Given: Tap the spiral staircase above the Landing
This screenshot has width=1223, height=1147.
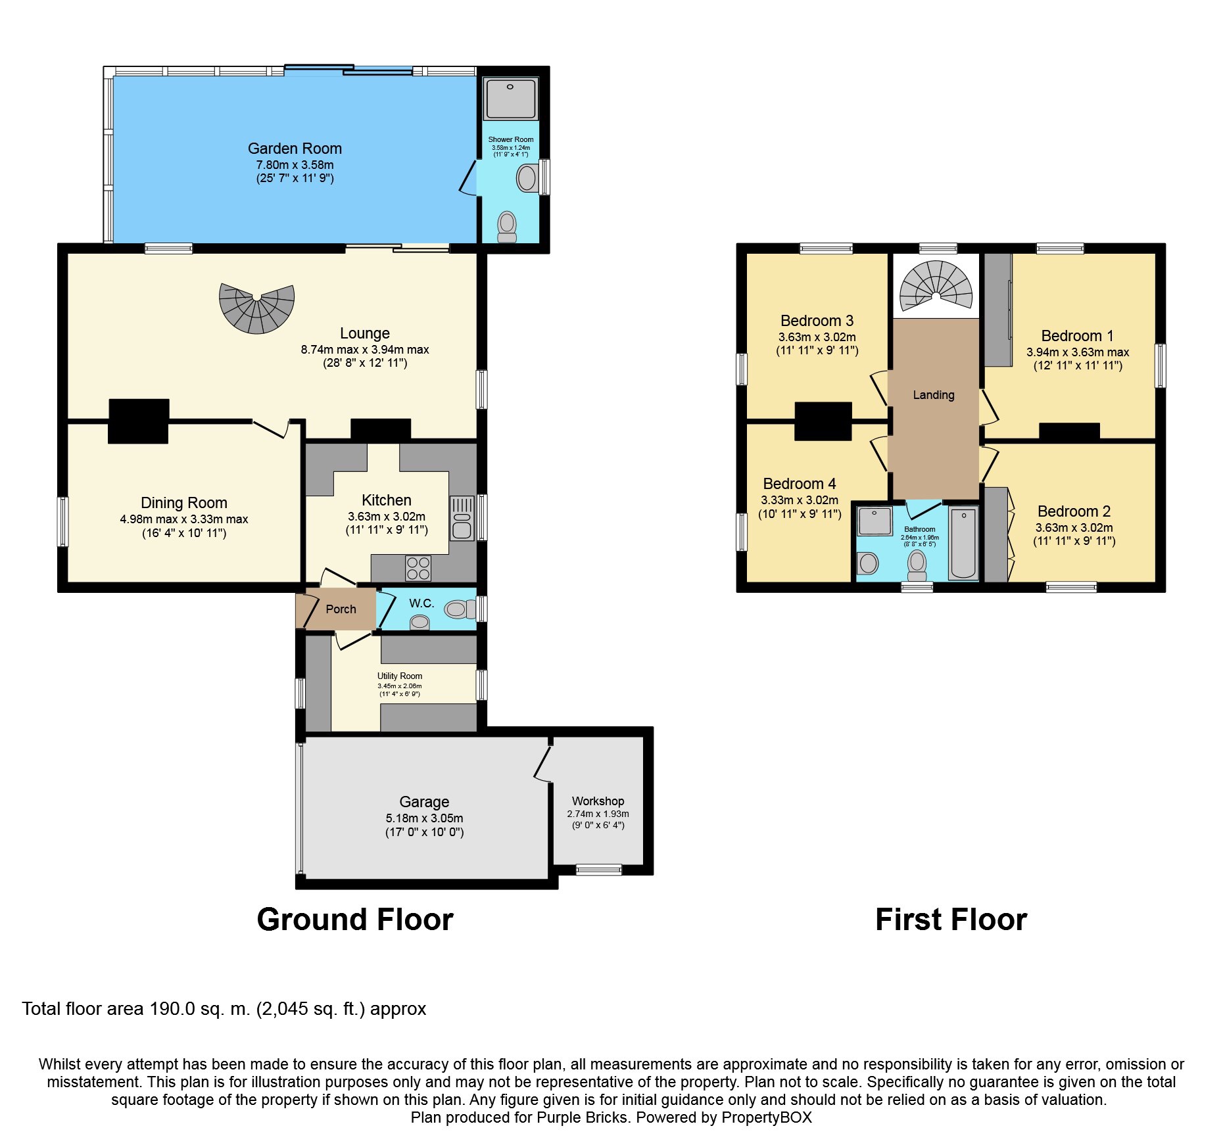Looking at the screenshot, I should pos(936,286).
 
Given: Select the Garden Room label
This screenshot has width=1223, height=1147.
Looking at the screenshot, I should pos(295,149).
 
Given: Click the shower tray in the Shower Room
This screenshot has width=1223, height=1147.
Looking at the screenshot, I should pos(510,99).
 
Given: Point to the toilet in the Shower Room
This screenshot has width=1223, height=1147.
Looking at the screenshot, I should pos(507,226).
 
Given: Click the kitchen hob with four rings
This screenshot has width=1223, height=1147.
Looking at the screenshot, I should pos(418,568).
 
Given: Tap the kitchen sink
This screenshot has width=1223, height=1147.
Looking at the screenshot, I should pos(462,517).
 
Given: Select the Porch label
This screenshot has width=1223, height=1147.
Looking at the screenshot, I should pos(341,609).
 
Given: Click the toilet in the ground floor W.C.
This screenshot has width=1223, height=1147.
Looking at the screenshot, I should pos(458,609).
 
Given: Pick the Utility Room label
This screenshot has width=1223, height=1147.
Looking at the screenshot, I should pos(399,676).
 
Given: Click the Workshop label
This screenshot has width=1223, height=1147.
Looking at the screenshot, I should pos(598,801).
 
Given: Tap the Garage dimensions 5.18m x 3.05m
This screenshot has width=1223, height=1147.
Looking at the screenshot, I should pos(424,818).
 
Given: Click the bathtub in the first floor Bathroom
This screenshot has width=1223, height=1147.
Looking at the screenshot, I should pos(963,542).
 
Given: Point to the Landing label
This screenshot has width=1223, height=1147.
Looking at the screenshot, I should pos(933,394).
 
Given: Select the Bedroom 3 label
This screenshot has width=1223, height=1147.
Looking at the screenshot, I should pos(817,321).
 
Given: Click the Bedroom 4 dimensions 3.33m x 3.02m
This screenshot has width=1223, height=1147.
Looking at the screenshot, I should pos(800,500).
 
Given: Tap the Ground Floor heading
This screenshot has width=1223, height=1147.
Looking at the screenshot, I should pos(355,919).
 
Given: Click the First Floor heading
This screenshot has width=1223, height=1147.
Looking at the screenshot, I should pos(951,919).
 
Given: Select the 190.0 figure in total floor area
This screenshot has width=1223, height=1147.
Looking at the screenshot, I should pos(172,1009).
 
